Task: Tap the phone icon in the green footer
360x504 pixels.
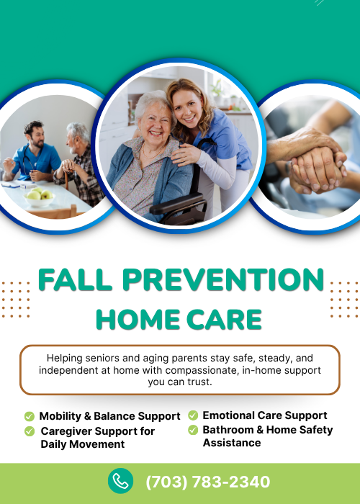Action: [x=120, y=481]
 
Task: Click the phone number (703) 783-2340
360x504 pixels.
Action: [x=208, y=482]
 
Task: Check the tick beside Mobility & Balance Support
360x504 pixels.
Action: [x=30, y=416]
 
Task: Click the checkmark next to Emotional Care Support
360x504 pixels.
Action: [x=193, y=415]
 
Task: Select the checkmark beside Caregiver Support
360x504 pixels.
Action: [x=30, y=431]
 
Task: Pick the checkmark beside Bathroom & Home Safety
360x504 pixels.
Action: [x=193, y=430]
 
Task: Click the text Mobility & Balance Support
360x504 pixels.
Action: [x=109, y=416]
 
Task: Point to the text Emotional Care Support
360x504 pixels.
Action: [x=265, y=415]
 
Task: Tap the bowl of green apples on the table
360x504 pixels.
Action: [x=40, y=196]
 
